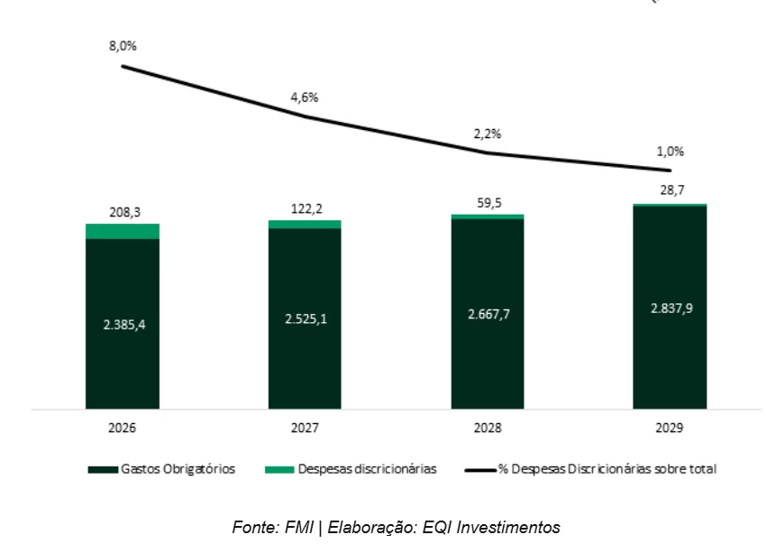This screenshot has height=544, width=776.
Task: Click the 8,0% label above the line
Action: coord(122,46)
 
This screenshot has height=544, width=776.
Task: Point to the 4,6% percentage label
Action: coord(304,97)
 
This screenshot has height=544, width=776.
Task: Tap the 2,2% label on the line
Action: coord(487,134)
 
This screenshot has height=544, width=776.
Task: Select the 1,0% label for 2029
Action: coord(669,152)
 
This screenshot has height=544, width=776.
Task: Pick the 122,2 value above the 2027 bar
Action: coord(304,208)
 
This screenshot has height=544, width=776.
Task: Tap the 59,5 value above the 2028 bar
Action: coord(487,203)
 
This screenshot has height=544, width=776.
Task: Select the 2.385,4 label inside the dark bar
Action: coord(122,324)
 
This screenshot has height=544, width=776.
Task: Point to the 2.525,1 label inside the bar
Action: coord(304,318)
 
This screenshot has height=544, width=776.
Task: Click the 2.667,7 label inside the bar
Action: coord(487,313)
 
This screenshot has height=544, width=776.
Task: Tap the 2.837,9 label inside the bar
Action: coord(669,308)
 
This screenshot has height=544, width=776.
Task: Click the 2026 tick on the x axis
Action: coord(122,427)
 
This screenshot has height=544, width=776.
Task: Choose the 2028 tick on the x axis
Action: coord(487,427)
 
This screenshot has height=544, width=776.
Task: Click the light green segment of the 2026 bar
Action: coord(122,231)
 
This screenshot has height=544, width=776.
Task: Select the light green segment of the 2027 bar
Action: coord(304,224)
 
